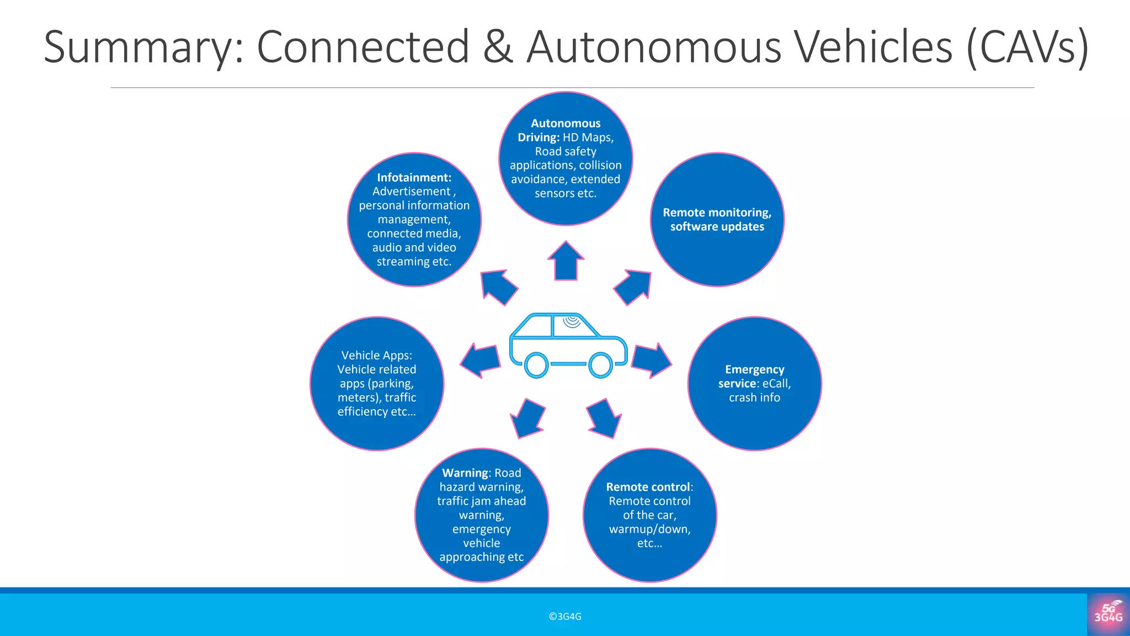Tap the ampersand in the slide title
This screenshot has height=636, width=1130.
(x=498, y=46)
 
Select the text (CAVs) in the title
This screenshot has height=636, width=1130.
(x=1027, y=47)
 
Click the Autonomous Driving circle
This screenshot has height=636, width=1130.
(x=566, y=158)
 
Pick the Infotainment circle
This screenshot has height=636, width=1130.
(x=414, y=219)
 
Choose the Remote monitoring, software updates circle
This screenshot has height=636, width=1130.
(x=717, y=219)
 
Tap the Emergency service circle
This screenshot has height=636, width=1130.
(x=754, y=383)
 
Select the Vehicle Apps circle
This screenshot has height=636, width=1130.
(x=377, y=383)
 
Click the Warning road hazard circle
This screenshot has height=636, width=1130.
(x=481, y=515)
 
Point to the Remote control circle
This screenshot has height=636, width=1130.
(x=649, y=515)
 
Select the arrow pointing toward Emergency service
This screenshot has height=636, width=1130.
(x=651, y=361)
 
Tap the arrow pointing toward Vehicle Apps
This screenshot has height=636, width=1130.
(x=480, y=361)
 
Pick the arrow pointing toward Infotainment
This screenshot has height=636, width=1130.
(x=498, y=287)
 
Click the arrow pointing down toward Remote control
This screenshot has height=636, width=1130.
(x=604, y=418)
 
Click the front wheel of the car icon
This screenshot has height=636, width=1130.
(x=600, y=365)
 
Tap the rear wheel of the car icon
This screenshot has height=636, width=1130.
(x=536, y=365)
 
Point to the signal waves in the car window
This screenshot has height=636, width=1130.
(x=572, y=322)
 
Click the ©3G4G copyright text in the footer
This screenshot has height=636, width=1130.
(x=565, y=617)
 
